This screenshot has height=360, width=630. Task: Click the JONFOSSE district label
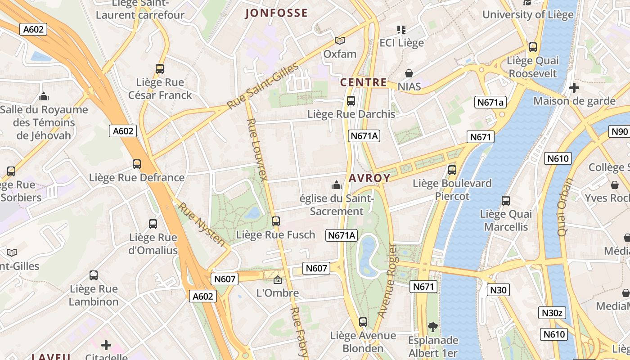(x=276, y=13)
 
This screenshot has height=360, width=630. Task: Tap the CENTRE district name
(x=363, y=82)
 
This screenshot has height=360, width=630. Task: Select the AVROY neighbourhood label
(x=369, y=178)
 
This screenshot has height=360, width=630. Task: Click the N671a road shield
(x=490, y=103)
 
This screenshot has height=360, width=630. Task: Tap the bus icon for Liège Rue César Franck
(x=160, y=69)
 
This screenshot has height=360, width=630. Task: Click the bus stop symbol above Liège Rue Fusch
(x=276, y=221)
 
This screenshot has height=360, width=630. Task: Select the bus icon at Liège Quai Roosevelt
(x=533, y=47)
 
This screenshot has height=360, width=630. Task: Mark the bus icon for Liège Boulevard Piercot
(x=452, y=170)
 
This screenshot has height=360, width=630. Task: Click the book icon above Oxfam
(x=340, y=40)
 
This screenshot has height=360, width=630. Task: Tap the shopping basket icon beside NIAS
(x=409, y=73)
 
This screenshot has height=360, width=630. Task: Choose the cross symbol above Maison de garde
(x=574, y=88)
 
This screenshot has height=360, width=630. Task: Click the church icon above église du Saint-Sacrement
(x=336, y=185)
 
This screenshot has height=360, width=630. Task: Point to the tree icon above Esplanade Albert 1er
(x=432, y=327)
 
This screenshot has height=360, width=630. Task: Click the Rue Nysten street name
(x=202, y=224)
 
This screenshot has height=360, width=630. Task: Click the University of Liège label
(x=528, y=14)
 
